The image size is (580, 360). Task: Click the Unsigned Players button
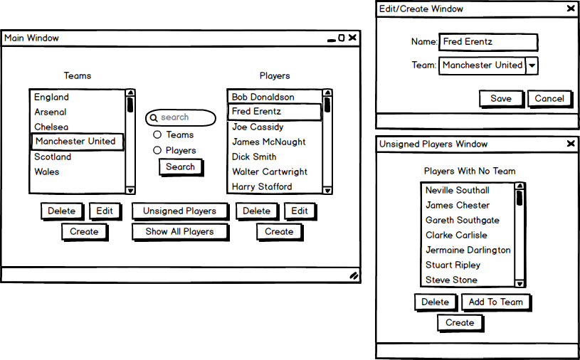[x=180, y=211]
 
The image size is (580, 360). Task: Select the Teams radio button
[x=157, y=135]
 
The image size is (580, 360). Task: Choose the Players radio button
[x=157, y=150]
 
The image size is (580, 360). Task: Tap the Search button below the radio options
[x=181, y=167]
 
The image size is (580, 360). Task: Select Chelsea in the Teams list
[x=51, y=127]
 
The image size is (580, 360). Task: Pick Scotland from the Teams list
[x=53, y=157]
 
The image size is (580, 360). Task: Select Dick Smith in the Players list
[x=254, y=157]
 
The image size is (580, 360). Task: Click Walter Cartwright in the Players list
[x=270, y=172]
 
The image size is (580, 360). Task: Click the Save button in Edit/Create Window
[x=501, y=99]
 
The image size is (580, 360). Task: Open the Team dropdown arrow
[x=532, y=65]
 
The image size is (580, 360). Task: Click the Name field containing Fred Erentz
[x=488, y=42]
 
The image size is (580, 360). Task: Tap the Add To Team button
[x=496, y=302]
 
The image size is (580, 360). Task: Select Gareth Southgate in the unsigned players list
[x=463, y=221]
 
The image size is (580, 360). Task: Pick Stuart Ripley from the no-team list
[x=453, y=265]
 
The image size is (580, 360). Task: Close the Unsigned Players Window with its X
[x=571, y=144]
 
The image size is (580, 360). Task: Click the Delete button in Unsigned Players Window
[x=436, y=302]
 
